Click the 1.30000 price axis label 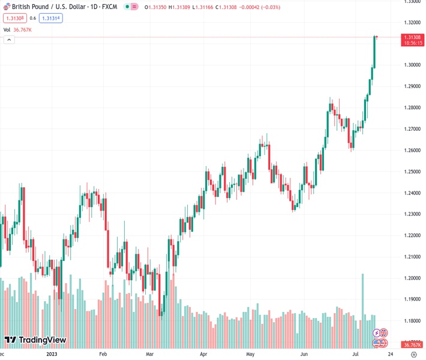coord(411,65)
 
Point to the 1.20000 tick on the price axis coord(411,278)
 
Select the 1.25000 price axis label coord(411,172)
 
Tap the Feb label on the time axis coord(102,355)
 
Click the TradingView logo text coord(42,340)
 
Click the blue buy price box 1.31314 coord(51,18)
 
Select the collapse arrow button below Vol coord(9,40)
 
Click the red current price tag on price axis coord(411,40)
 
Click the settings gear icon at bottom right coord(413,355)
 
